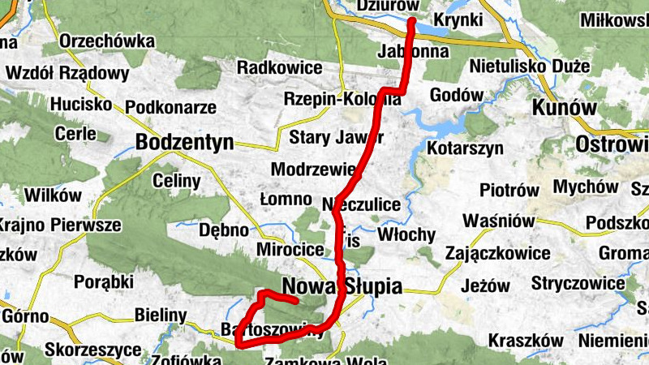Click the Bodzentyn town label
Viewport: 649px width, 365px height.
186,142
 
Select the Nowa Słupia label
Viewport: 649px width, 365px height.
342,286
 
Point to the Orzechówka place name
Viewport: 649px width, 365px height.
107,41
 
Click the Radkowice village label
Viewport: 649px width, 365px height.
279,67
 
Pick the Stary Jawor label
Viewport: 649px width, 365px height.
324,135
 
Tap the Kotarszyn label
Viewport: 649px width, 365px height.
465,148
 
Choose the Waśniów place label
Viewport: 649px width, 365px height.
498,221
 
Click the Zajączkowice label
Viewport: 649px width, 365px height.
497,253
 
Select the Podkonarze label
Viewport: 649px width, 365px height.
170,106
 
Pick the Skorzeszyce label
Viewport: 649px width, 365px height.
84,350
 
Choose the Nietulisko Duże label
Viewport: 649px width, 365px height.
539,67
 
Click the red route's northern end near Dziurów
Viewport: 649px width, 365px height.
411,20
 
